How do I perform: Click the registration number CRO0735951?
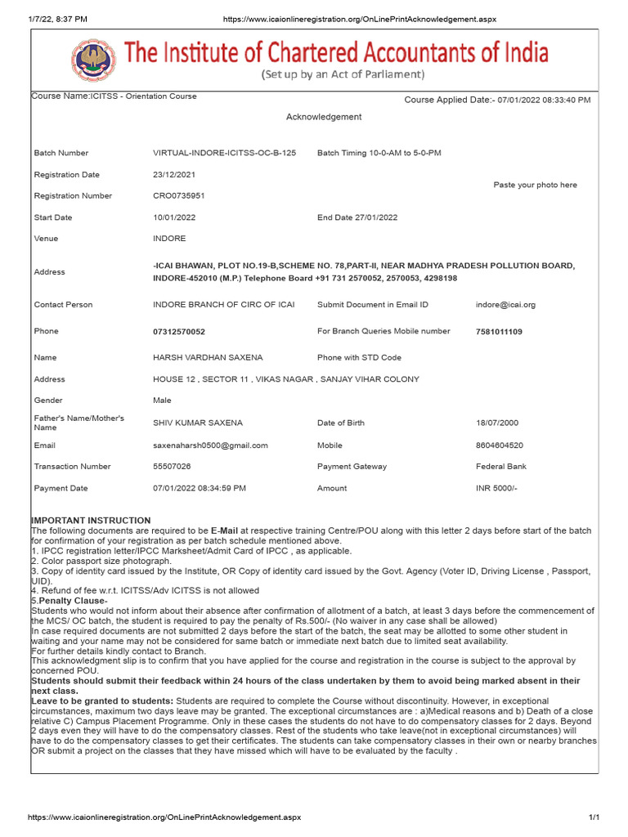click(179, 196)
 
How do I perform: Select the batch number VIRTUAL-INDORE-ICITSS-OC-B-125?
click(225, 153)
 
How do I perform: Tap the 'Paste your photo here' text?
click(535, 185)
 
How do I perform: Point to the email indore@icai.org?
click(505, 305)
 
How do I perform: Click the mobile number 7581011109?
click(499, 332)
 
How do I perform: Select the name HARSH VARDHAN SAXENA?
click(208, 358)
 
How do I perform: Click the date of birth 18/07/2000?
click(496, 423)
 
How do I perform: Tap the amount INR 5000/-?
click(496, 489)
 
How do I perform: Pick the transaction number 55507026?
click(172, 467)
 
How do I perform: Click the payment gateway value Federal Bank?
click(501, 467)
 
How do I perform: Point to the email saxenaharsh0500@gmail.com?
click(210, 445)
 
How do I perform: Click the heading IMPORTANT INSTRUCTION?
click(91, 521)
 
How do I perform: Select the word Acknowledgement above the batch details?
click(324, 117)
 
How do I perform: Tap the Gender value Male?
click(162, 401)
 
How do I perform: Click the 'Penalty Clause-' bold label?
click(72, 601)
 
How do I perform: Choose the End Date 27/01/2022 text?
click(357, 217)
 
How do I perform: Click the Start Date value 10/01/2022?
click(174, 217)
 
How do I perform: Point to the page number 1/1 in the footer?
click(594, 817)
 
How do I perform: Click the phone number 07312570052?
click(179, 332)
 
